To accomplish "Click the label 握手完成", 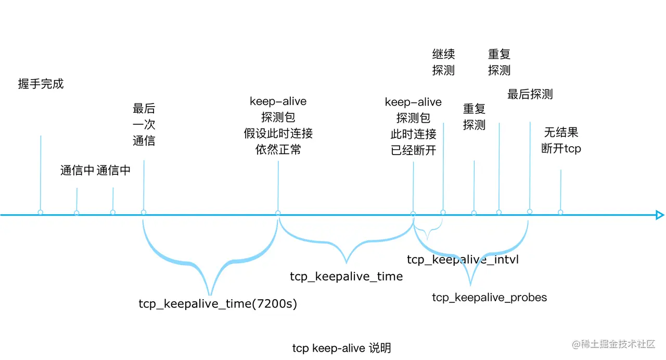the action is point(41,84).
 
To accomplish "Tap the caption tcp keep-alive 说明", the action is point(341,348).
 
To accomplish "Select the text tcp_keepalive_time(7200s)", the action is point(217,304).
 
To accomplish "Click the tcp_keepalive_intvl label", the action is point(463,259).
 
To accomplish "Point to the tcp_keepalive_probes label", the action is point(489,298).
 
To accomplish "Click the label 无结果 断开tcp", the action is point(561,140).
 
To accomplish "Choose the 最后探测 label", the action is point(530,94).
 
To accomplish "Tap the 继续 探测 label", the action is point(443,62).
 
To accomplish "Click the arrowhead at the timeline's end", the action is point(660,215).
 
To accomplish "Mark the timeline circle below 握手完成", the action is point(41,213).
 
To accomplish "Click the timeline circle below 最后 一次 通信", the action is point(144,212).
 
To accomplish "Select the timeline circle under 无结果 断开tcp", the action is point(560,212).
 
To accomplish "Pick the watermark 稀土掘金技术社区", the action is point(614,344).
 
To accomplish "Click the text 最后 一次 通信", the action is point(144,125).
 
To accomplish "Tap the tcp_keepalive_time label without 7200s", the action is point(346,276).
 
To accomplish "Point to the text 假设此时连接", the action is point(278,133).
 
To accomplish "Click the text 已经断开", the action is point(413,150).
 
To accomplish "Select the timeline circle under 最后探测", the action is point(530,211).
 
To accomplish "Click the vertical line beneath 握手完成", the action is point(41,172).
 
